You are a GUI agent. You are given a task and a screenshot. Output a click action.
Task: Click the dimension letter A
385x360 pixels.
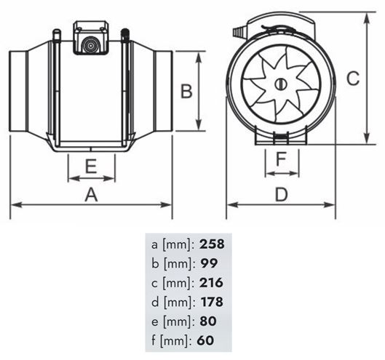pos(91,195)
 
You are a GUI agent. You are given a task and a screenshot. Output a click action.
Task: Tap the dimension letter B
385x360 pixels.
pos(186,91)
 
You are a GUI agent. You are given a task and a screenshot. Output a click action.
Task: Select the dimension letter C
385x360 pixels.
pos(353,79)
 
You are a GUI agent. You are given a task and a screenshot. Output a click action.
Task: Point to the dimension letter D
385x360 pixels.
pos(281,195)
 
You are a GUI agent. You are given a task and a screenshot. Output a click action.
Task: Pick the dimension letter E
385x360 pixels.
pos(91,167)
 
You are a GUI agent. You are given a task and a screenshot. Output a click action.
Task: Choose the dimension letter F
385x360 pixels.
pos(281,159)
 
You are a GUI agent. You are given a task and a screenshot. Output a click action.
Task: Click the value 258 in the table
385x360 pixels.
pos(212,244)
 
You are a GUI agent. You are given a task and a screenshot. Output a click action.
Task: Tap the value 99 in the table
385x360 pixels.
pos(209,263)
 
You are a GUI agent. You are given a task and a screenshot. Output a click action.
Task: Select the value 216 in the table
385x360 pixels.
pos(211,283)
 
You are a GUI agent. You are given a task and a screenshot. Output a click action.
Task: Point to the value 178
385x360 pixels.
pos(212,302)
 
